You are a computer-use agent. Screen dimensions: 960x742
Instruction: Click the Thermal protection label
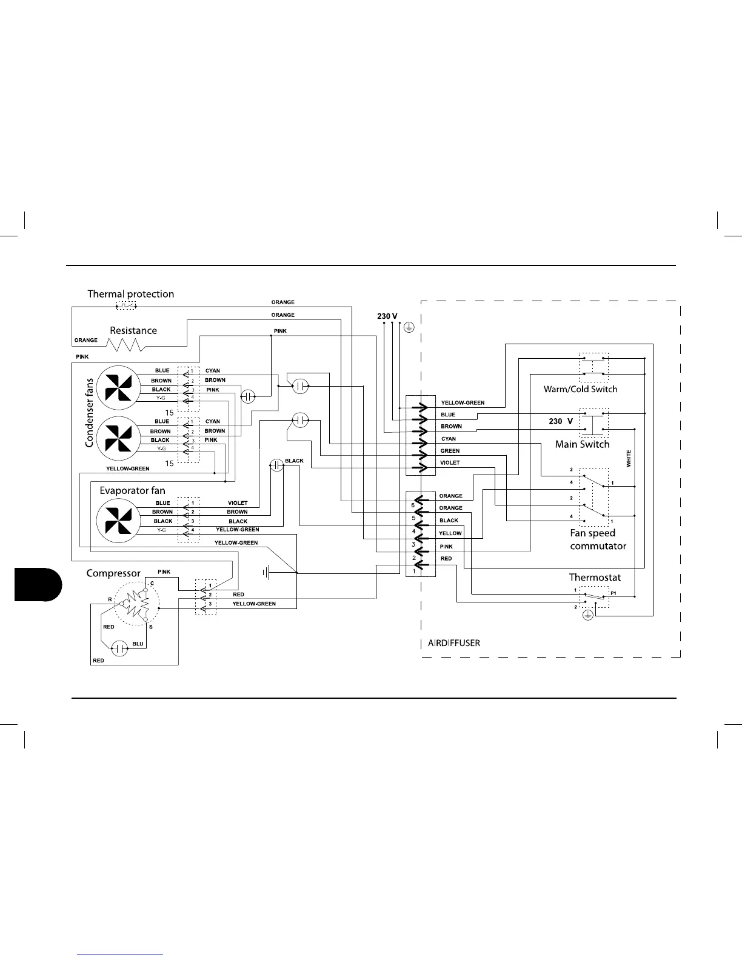click(x=130, y=294)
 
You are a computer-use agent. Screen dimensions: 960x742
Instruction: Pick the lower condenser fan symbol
click(x=118, y=437)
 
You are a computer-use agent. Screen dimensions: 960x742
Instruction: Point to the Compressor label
click(x=113, y=573)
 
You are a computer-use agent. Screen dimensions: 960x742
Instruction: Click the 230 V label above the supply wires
click(x=387, y=316)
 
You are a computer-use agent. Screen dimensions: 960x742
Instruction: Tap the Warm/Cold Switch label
click(x=580, y=389)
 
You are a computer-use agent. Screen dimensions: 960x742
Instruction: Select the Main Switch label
click(x=582, y=444)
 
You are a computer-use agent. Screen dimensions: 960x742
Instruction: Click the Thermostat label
click(x=595, y=578)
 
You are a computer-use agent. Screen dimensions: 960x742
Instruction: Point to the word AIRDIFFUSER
click(x=454, y=643)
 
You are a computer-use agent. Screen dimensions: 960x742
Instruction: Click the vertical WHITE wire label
click(x=629, y=458)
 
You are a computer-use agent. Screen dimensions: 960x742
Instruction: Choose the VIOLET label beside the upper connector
click(x=450, y=463)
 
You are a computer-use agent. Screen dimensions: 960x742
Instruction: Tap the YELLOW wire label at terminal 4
click(x=450, y=533)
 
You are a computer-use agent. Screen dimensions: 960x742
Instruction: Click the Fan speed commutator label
click(x=598, y=539)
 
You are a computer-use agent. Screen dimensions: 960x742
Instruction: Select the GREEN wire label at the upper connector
click(x=450, y=451)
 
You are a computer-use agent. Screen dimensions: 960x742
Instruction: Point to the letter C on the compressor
click(x=152, y=583)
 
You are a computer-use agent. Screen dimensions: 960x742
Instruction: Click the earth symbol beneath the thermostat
click(x=587, y=615)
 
